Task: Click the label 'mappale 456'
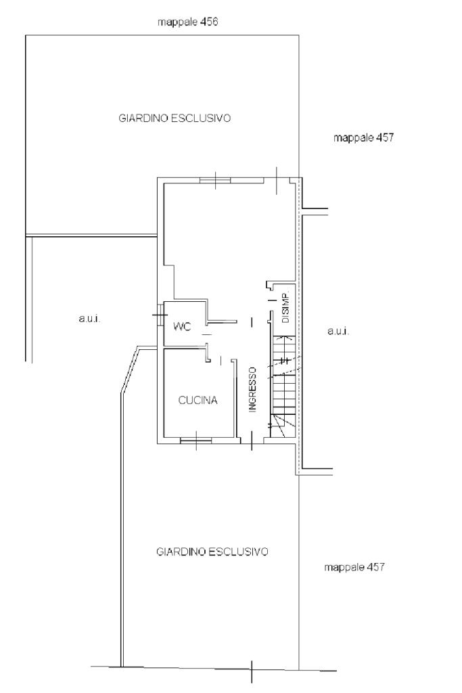click(188, 22)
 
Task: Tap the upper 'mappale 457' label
click(363, 137)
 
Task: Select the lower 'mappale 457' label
click(354, 566)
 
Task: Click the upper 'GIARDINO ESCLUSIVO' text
click(175, 118)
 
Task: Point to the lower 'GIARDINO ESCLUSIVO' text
click(212, 552)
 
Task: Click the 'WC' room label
click(183, 327)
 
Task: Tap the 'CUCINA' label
click(198, 400)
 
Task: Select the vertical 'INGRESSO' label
click(252, 390)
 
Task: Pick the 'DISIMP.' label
click(285, 307)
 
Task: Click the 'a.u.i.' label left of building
click(90, 318)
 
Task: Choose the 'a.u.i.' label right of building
click(339, 330)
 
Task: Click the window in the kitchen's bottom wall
click(195, 440)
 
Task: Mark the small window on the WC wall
click(160, 315)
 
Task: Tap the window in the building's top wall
click(216, 180)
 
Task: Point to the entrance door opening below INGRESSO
click(252, 441)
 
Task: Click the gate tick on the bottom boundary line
click(252, 672)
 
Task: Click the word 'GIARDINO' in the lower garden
click(181, 552)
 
